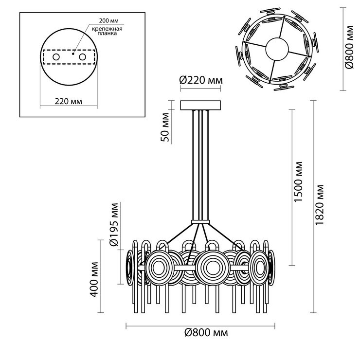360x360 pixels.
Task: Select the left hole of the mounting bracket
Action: tap(57, 57)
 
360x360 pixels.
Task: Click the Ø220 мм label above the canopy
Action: tap(201, 80)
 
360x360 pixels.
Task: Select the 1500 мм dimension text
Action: tap(299, 181)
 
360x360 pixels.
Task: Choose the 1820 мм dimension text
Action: tap(320, 204)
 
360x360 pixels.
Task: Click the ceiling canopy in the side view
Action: tap(200, 105)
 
